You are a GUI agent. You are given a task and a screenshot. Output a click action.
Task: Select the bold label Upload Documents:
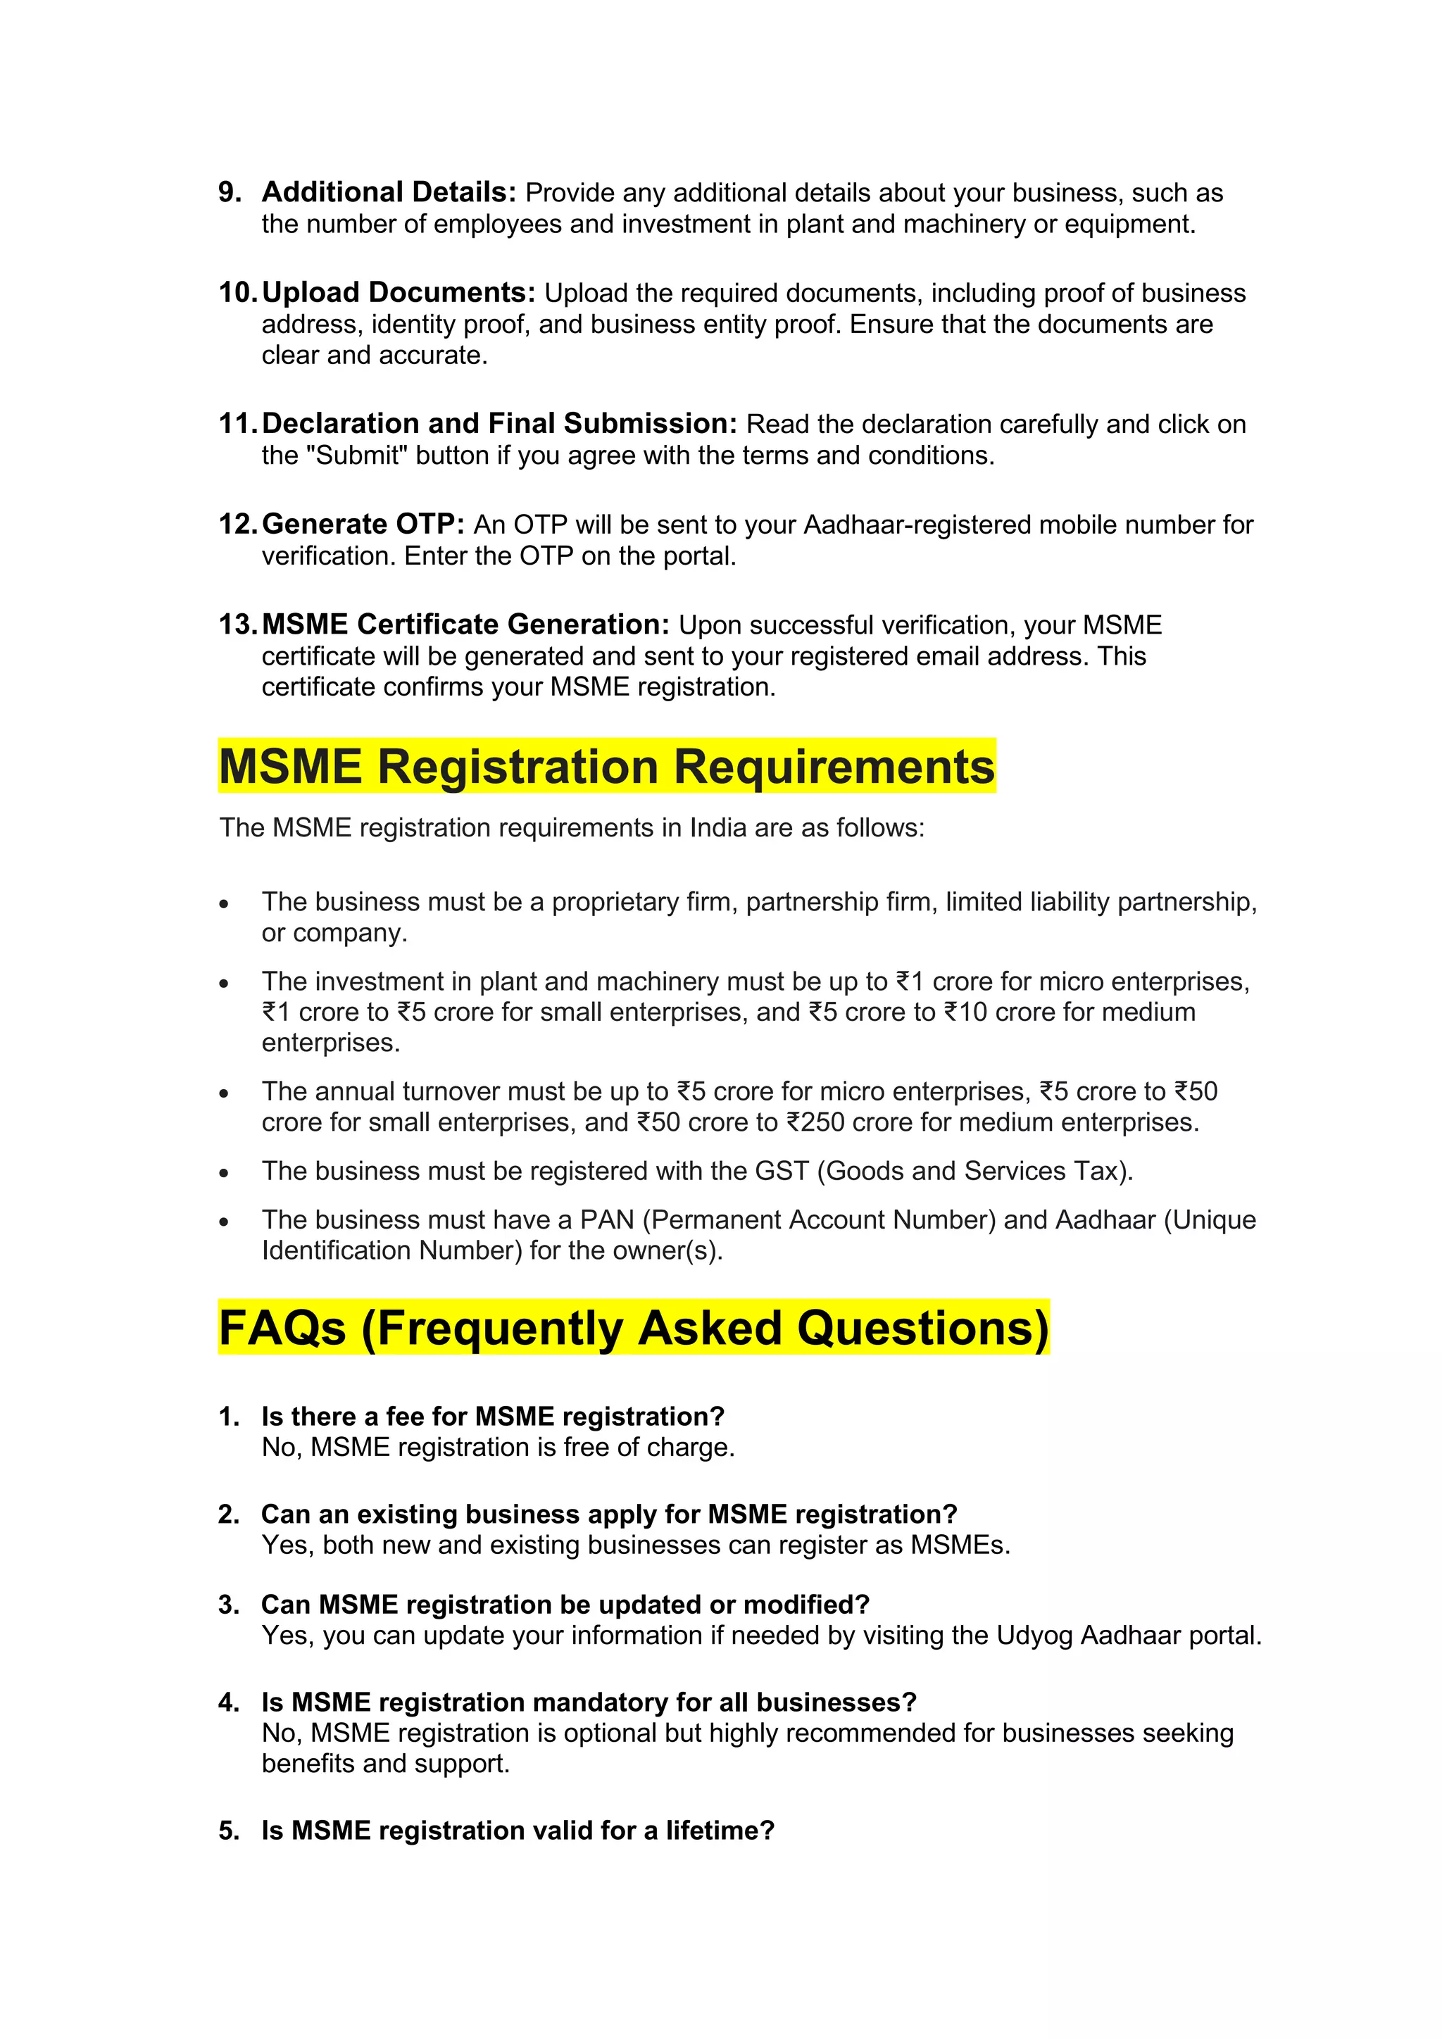(x=399, y=292)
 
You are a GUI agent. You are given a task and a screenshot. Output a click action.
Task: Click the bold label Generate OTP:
(x=363, y=524)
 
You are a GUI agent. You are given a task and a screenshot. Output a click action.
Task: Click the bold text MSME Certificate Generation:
(x=465, y=625)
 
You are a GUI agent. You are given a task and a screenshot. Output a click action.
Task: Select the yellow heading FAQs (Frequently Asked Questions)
(x=633, y=1328)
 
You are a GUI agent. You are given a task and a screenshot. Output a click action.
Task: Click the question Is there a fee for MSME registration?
(x=493, y=1417)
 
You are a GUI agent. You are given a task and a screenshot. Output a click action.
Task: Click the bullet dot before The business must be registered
(x=225, y=1173)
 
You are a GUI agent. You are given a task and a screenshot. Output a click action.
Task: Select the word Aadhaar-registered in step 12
(x=917, y=525)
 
